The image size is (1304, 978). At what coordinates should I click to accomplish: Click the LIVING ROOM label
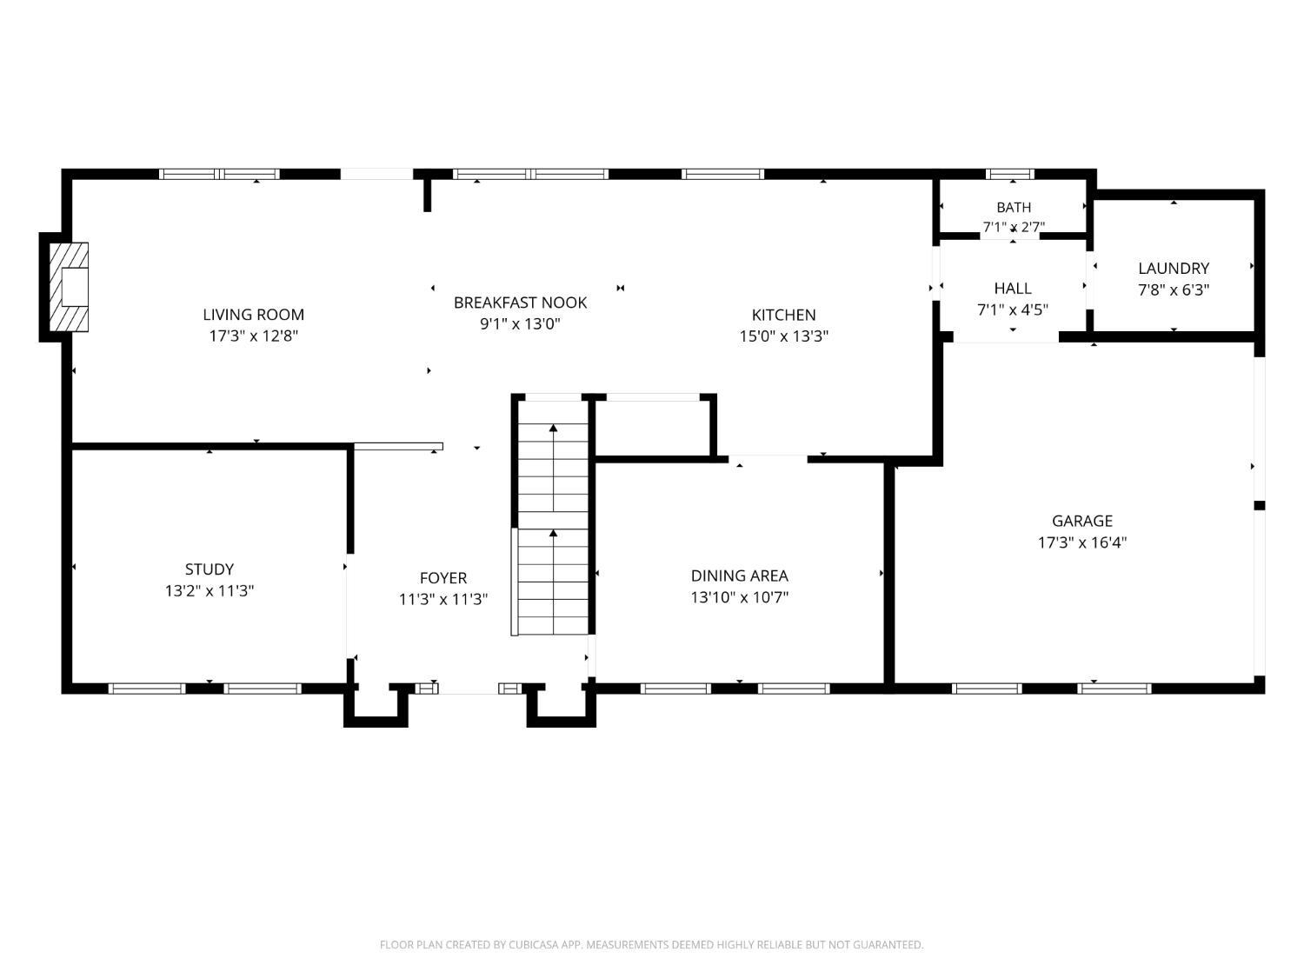(253, 314)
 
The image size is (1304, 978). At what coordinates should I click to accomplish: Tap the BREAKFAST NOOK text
(520, 303)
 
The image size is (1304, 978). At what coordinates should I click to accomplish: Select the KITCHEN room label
(783, 315)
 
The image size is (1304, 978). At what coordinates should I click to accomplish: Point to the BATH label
(1014, 207)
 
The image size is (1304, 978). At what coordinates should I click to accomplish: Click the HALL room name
(1012, 288)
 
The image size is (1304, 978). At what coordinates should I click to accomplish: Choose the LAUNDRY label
(1174, 268)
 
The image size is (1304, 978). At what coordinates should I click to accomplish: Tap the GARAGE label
(1081, 521)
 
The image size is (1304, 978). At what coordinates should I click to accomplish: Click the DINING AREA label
(739, 575)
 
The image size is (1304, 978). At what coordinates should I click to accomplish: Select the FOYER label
(443, 578)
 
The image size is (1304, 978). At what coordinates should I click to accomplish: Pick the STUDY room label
(210, 569)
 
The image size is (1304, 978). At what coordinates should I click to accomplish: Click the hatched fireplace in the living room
(69, 287)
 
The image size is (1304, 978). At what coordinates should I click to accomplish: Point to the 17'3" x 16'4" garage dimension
(1081, 542)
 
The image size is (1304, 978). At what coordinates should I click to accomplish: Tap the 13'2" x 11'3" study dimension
(210, 591)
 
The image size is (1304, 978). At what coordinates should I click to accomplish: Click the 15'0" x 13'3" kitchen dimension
(783, 336)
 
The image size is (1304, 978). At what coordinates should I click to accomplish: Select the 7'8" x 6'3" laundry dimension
(1174, 289)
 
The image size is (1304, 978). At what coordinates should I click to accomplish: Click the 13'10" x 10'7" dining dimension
(739, 596)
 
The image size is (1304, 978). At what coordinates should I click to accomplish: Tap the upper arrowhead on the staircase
(553, 428)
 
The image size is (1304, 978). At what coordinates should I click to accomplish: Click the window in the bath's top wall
(1010, 174)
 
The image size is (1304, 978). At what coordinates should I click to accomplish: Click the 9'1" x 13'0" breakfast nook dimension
(520, 323)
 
